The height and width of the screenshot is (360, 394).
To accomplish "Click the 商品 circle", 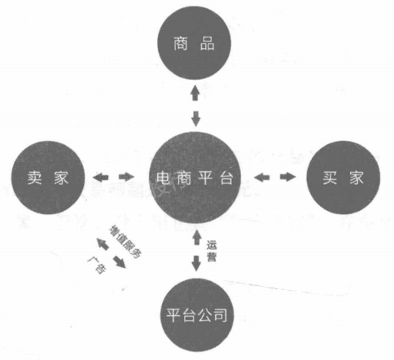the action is pyautogui.click(x=194, y=43).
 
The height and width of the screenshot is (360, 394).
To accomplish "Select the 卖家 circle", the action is pyautogui.click(x=48, y=178).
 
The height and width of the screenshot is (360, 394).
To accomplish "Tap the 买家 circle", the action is pyautogui.click(x=344, y=178).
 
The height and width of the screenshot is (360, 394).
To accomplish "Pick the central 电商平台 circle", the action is pyautogui.click(x=195, y=178).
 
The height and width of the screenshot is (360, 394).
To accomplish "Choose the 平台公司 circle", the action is pyautogui.click(x=197, y=315).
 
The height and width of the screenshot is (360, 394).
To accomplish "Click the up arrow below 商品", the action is pyautogui.click(x=195, y=93).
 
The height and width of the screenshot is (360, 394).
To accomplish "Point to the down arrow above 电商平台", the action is pyautogui.click(x=195, y=118).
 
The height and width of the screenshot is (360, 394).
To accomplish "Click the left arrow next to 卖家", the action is pyautogui.click(x=100, y=178).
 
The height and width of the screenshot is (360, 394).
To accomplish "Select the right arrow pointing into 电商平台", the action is pyautogui.click(x=126, y=177).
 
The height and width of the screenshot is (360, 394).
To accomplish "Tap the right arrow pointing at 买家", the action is pyautogui.click(x=288, y=177).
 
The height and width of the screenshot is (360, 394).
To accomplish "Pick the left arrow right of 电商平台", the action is pyautogui.click(x=262, y=178).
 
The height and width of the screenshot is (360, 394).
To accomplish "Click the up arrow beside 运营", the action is pyautogui.click(x=197, y=238).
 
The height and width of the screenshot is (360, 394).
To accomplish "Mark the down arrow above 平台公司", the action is pyautogui.click(x=196, y=263).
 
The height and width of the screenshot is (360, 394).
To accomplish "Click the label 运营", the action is pyautogui.click(x=212, y=251).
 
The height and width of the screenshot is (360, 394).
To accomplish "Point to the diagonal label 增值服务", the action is pyautogui.click(x=125, y=241).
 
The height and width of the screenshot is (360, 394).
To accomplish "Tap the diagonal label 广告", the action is pyautogui.click(x=97, y=265).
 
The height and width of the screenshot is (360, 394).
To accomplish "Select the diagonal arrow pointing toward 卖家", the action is pyautogui.click(x=103, y=244).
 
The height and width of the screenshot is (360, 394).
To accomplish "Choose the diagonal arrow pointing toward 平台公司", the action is pyautogui.click(x=120, y=262).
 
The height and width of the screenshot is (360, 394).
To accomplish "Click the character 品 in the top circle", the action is pyautogui.click(x=208, y=43).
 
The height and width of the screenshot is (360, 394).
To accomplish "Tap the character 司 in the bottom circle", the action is pyautogui.click(x=220, y=315).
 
